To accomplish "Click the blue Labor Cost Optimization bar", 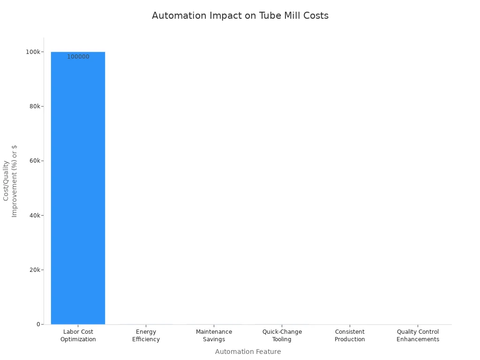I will pos(78,187).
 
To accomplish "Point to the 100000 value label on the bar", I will pos(78,57).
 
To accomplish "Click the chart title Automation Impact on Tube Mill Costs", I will pos(240,15).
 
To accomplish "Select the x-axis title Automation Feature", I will pos(248,352).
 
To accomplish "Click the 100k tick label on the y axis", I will pos(33,52).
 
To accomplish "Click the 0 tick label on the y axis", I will pos(38,324).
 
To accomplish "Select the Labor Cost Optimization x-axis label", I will pos(78,336).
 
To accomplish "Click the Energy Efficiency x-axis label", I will pos(146,336).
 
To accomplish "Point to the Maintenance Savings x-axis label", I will pos(214,336).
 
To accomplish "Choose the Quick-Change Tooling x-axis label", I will pos(282,336).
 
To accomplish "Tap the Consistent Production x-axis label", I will pos(350,336).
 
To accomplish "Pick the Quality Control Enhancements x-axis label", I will pos(418,336).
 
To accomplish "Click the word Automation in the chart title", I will pos(176,15).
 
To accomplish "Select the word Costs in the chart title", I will pos(316,15).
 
